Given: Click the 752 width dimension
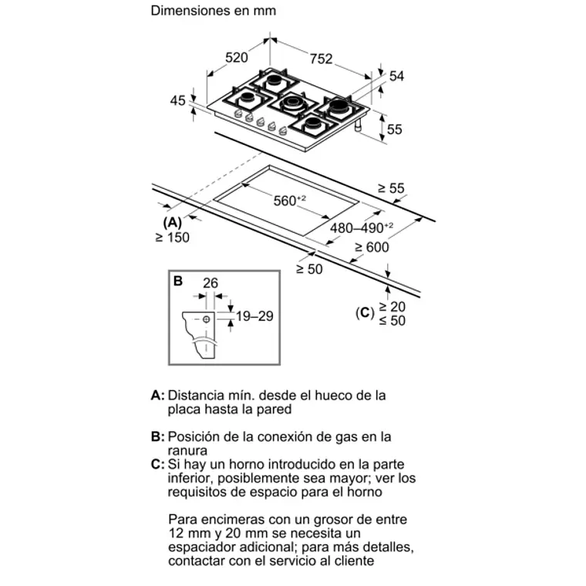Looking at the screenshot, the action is pyautogui.click(x=322, y=58).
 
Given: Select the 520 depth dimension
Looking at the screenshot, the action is pyautogui.click(x=237, y=57).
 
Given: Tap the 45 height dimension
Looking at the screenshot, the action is pyautogui.click(x=178, y=100).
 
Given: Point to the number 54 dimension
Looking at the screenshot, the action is pyautogui.click(x=396, y=76).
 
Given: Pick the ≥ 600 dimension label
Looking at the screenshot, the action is pyautogui.click(x=372, y=248).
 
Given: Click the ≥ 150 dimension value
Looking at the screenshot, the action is pyautogui.click(x=172, y=238).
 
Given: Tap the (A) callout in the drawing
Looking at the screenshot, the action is pyautogui.click(x=172, y=223).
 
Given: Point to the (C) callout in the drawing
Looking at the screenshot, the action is pyautogui.click(x=364, y=313).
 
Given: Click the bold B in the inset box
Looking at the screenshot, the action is pyautogui.click(x=178, y=281).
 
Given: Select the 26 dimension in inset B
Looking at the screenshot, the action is pyautogui.click(x=210, y=284).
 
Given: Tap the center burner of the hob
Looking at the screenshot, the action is pyautogui.click(x=291, y=102).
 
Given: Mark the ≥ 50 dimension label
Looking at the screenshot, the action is pyautogui.click(x=309, y=268).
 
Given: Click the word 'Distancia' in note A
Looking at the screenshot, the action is pyautogui.click(x=196, y=395).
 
